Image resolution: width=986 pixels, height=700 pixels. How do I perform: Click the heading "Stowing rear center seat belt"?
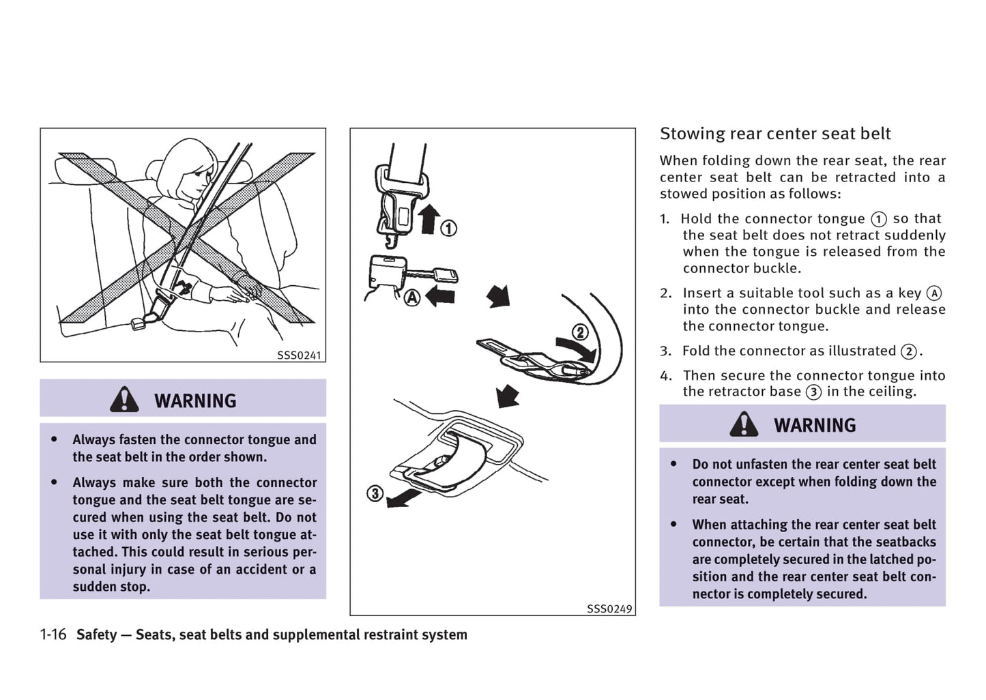click(x=775, y=134)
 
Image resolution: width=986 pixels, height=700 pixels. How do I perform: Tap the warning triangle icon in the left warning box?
click(x=124, y=400)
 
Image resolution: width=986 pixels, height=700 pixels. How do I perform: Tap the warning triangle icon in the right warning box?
click(x=743, y=424)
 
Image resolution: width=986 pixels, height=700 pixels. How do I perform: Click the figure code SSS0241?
click(x=299, y=355)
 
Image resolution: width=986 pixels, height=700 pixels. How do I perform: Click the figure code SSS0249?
click(x=609, y=609)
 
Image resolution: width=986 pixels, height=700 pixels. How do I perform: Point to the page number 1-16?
click(x=53, y=635)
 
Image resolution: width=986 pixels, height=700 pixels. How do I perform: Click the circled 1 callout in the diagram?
click(x=448, y=228)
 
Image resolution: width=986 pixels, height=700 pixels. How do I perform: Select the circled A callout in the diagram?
click(x=412, y=297)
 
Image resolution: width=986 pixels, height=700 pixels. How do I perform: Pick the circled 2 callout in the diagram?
click(x=579, y=332)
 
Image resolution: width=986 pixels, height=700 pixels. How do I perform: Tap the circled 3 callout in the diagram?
click(x=375, y=493)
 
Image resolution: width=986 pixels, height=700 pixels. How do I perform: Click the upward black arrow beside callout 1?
click(x=429, y=218)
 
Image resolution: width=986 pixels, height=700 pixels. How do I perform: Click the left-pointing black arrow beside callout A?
click(x=440, y=296)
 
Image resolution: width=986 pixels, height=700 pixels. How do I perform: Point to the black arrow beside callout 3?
click(x=403, y=498)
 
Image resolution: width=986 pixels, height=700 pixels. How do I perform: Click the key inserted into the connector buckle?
click(x=437, y=276)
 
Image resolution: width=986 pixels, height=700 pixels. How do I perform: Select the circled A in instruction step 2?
click(x=933, y=293)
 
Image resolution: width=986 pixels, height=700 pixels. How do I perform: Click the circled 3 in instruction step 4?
click(x=813, y=392)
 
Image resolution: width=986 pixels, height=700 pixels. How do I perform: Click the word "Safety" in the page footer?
click(x=96, y=635)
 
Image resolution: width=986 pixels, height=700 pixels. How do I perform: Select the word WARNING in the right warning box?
click(x=815, y=425)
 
